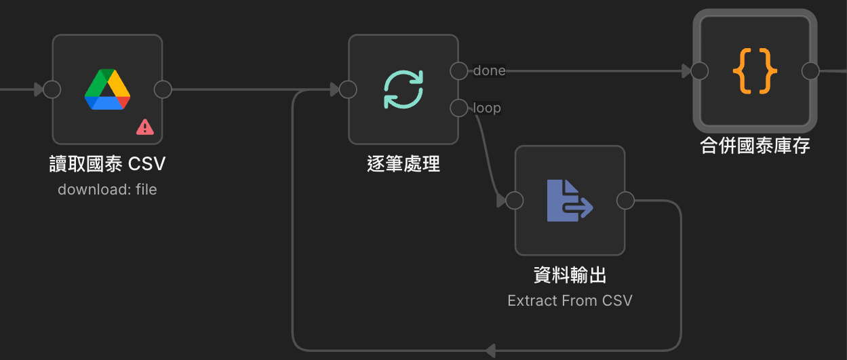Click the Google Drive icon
click(x=107, y=89)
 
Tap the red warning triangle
click(x=144, y=127)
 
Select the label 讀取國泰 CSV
click(x=107, y=164)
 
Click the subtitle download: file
click(x=107, y=190)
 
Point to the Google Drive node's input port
click(x=52, y=89)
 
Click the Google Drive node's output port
click(x=163, y=89)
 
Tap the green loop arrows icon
click(x=403, y=89)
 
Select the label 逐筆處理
click(x=403, y=164)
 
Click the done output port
click(x=459, y=71)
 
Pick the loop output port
click(x=459, y=108)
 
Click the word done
click(x=489, y=71)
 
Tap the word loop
click(x=487, y=108)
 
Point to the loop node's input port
click(x=348, y=89)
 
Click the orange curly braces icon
click(x=755, y=71)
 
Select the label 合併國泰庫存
click(x=755, y=146)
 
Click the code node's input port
click(x=700, y=71)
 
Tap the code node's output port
click(x=810, y=71)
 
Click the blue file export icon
click(x=570, y=201)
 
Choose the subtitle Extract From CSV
click(x=570, y=300)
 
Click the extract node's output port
click(x=625, y=201)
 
